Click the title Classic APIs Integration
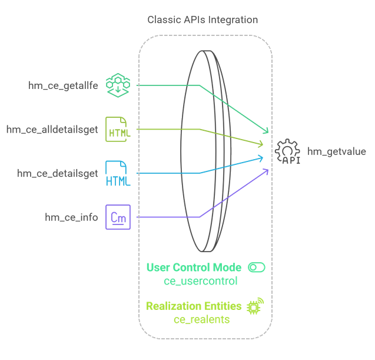[203, 20]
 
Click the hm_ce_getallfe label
[63, 85]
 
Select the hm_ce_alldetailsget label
[52, 129]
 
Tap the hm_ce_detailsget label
[58, 173]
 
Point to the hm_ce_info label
[71, 217]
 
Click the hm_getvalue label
[336, 151]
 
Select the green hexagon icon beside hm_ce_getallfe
[118, 85]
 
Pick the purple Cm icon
[118, 217]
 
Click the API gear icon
[288, 151]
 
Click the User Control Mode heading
[194, 267]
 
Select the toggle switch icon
[256, 267]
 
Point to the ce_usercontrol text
[201, 281]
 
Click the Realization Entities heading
[194, 306]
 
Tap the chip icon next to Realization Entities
[255, 306]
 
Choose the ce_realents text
[201, 319]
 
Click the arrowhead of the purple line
[267, 170]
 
